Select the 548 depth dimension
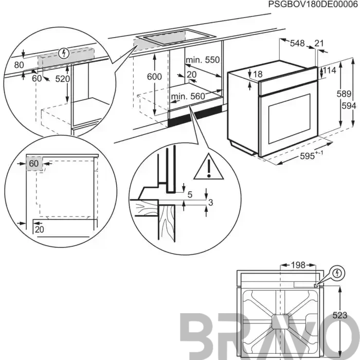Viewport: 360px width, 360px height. point(297,43)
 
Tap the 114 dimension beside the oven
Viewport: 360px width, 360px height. point(330,70)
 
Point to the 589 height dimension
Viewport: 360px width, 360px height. point(344,94)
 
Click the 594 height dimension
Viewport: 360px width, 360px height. point(349,106)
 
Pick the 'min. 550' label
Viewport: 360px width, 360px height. point(203,60)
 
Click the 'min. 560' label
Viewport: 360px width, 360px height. point(188,96)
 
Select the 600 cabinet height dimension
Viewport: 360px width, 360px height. point(154,77)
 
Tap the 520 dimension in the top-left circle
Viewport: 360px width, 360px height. point(62,79)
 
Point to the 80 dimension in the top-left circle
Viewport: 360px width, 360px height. point(19,65)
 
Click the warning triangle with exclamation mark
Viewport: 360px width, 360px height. point(208,167)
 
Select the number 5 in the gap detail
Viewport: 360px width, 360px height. point(190,195)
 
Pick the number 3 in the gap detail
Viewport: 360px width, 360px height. point(210,203)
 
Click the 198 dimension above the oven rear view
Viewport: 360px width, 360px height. point(298,265)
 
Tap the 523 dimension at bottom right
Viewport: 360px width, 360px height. point(340,315)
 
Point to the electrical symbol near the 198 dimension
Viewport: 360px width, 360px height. point(337,273)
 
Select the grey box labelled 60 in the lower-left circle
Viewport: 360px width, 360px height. point(34,164)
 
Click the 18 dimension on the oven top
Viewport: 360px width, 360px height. point(258,74)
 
